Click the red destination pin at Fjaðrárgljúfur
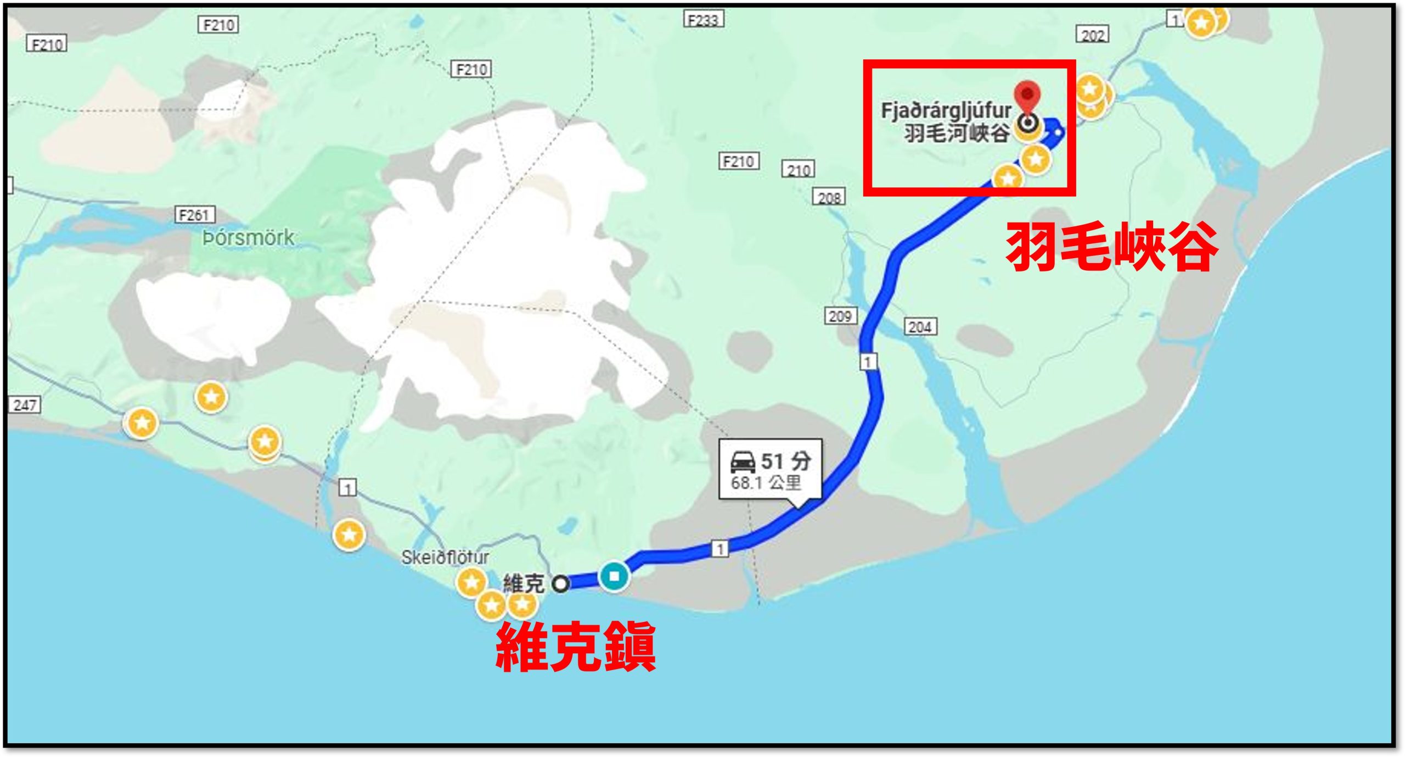[x=1027, y=97]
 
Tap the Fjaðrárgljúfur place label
[x=946, y=110]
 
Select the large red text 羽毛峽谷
[x=1111, y=247]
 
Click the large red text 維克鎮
[x=576, y=647]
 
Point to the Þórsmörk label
[x=248, y=238]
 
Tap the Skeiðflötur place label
[x=445, y=557]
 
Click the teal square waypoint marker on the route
[x=614, y=576]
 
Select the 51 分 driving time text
[x=785, y=461]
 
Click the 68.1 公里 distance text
[x=766, y=483]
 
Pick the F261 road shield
[x=195, y=215]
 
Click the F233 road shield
[x=703, y=20]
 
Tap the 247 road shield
[x=25, y=405]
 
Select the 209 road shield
[x=840, y=316]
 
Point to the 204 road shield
[x=920, y=327]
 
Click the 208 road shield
[x=829, y=197]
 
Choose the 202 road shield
[x=1092, y=35]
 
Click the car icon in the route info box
[x=743, y=462]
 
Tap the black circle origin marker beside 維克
[x=560, y=583]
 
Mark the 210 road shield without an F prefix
[x=798, y=170]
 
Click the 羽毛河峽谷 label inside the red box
[x=957, y=133]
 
